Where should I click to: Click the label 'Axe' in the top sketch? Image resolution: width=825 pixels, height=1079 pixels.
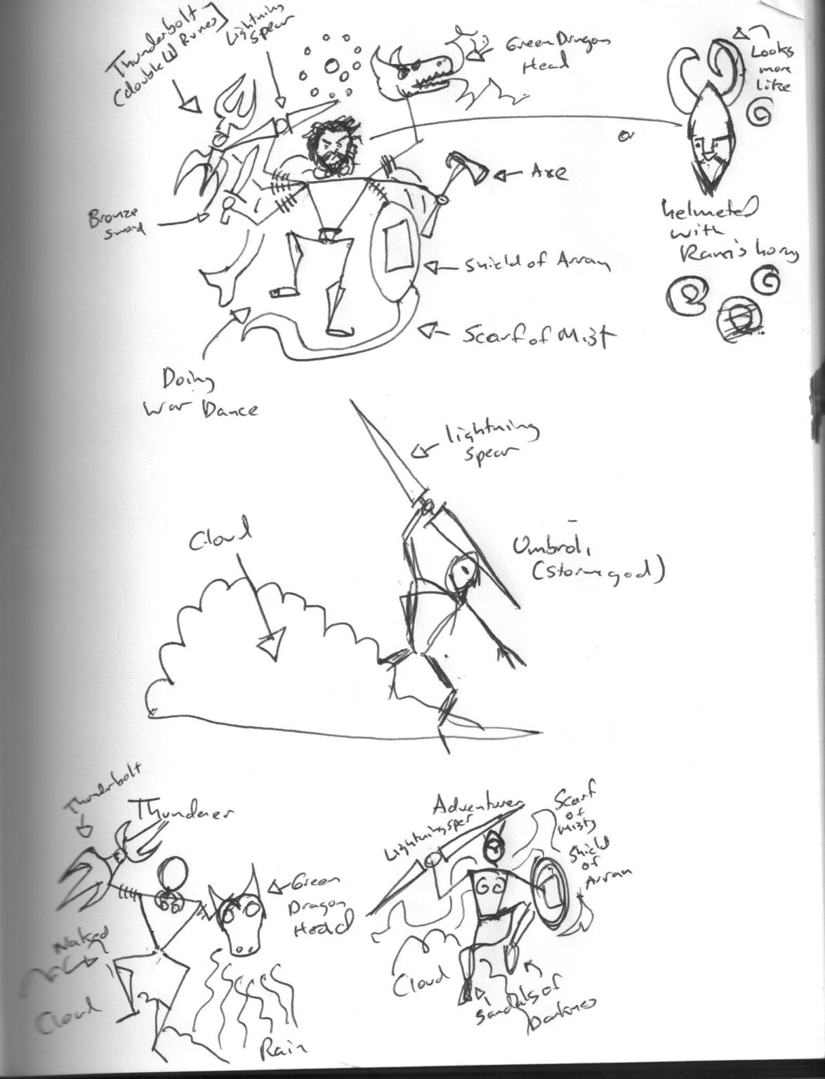[x=548, y=174]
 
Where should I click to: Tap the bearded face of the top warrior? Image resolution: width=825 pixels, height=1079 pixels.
[x=327, y=150]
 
